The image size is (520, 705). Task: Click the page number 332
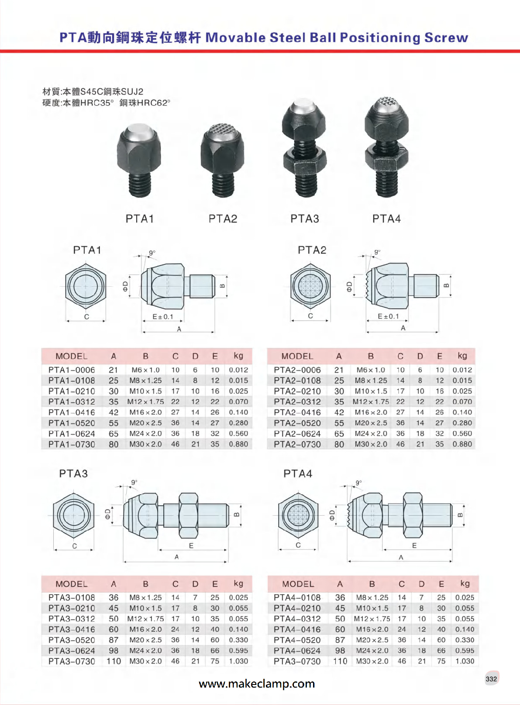[491, 679]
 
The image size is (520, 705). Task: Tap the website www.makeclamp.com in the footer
[257, 684]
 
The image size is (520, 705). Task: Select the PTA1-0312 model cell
[72, 402]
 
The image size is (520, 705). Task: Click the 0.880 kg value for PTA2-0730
[462, 444]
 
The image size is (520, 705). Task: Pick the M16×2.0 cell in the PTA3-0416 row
[145, 630]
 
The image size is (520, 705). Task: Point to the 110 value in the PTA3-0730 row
[114, 661]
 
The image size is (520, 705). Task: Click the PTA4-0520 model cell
[297, 640]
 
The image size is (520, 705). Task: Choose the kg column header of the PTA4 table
[465, 583]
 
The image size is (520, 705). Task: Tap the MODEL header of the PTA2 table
[297, 356]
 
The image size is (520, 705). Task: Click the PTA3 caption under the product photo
[305, 219]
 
